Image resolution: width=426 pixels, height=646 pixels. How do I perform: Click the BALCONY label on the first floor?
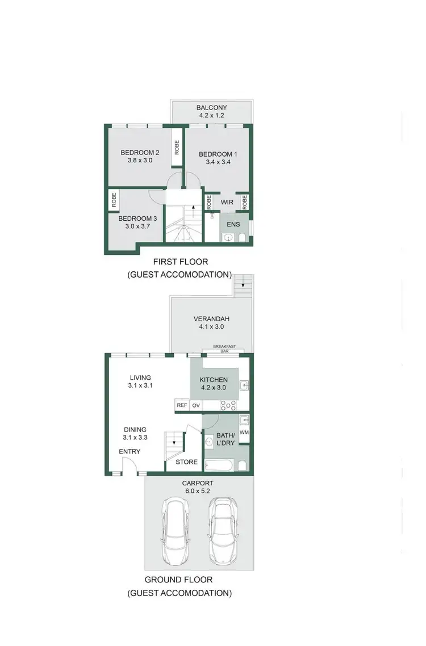pyautogui.click(x=211, y=107)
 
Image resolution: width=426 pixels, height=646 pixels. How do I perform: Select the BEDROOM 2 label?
pyautogui.click(x=140, y=152)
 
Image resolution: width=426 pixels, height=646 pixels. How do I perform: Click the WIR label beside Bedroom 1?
pyautogui.click(x=227, y=201)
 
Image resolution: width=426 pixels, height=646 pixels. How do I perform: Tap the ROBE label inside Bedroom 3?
pyautogui.click(x=114, y=200)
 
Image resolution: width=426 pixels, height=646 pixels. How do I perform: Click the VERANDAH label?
pyautogui.click(x=211, y=318)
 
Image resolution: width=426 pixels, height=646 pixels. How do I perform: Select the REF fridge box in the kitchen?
pyautogui.click(x=182, y=405)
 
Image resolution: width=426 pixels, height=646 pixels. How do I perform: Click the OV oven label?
pyautogui.click(x=196, y=405)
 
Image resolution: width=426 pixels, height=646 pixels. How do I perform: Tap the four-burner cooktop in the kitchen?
pyautogui.click(x=228, y=405)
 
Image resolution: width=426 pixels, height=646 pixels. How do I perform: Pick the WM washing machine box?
pyautogui.click(x=244, y=433)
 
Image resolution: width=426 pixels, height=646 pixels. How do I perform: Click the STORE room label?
pyautogui.click(x=186, y=462)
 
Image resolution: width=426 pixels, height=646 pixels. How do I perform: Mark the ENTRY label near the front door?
pyautogui.click(x=130, y=452)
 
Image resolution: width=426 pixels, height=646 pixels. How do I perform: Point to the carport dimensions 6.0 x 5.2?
pyautogui.click(x=198, y=492)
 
